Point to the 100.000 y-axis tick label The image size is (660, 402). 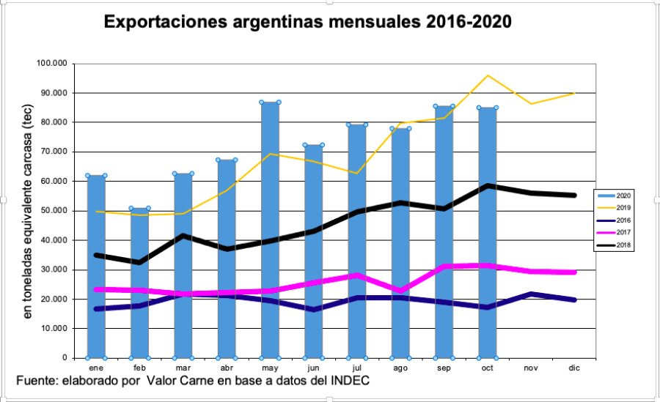[51, 64]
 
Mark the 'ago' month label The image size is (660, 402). [400, 368]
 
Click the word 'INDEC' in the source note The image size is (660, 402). [347, 381]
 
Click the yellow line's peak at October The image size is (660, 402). [486, 75]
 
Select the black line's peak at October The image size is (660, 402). [486, 185]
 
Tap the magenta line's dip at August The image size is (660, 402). [400, 291]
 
